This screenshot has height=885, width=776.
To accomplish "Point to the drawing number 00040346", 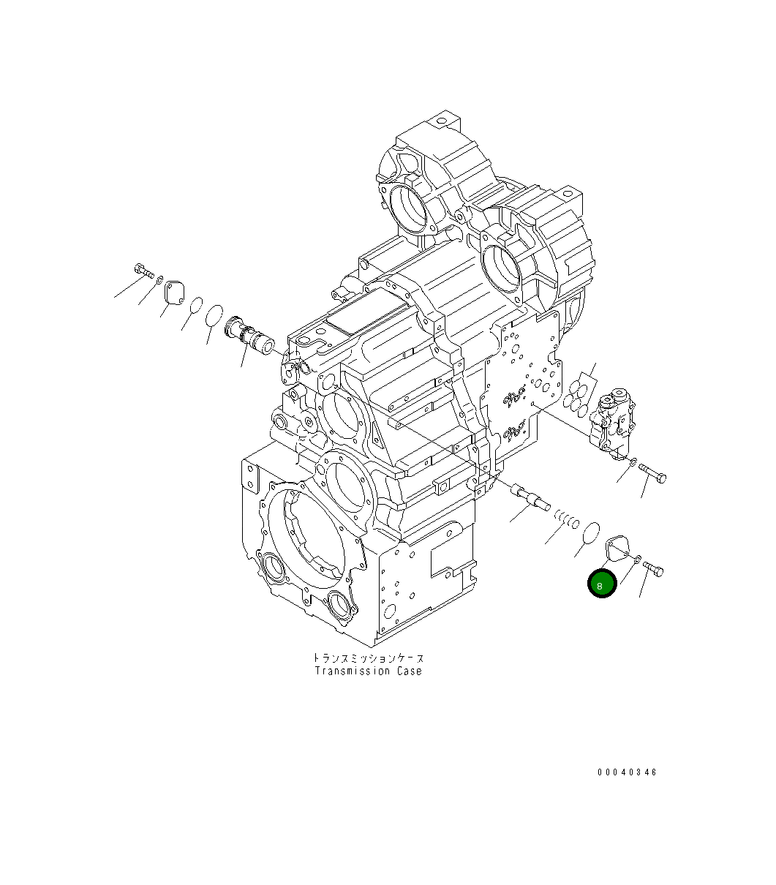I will coord(626,772).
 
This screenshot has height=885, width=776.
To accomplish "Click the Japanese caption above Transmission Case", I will coord(368,658).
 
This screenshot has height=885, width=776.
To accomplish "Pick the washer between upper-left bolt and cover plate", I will coord(159,279).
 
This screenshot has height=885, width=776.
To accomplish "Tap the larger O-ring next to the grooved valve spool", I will coord(214,315).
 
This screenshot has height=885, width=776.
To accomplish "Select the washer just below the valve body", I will coord(633,463).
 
